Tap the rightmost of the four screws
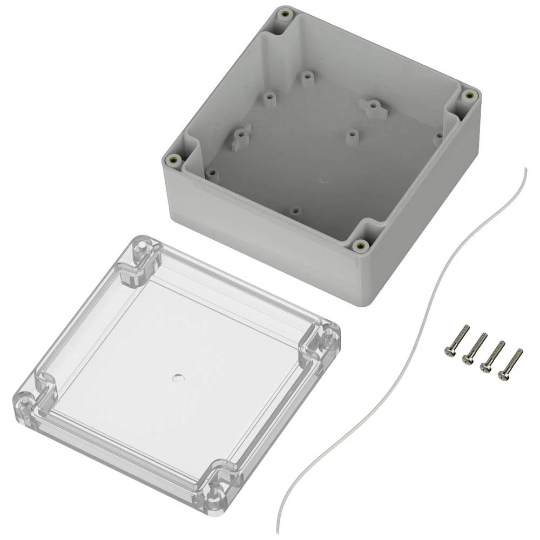pos(511,363)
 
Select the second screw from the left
pos(474,348)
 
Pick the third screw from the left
pos(492,355)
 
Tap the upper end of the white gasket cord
pos(525,169)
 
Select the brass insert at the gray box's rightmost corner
pos(468,96)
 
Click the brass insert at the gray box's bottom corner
pos(359,246)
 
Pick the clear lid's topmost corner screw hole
pos(140,248)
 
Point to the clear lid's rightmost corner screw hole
pos(328,337)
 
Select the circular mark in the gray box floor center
pos(325,178)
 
